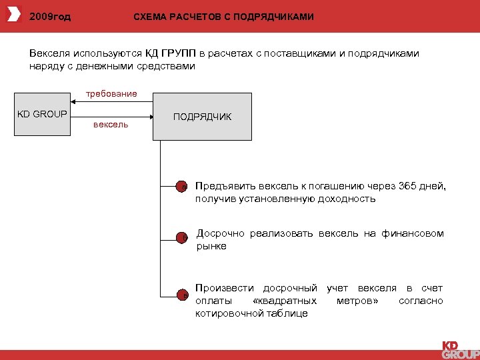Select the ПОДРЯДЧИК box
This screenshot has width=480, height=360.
click(203, 117)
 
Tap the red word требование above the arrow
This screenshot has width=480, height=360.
click(111, 93)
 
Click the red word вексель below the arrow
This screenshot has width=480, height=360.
click(111, 125)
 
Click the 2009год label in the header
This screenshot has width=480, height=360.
click(50, 16)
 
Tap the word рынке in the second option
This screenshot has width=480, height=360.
click(211, 247)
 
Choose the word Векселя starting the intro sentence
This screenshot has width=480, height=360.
click(50, 53)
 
